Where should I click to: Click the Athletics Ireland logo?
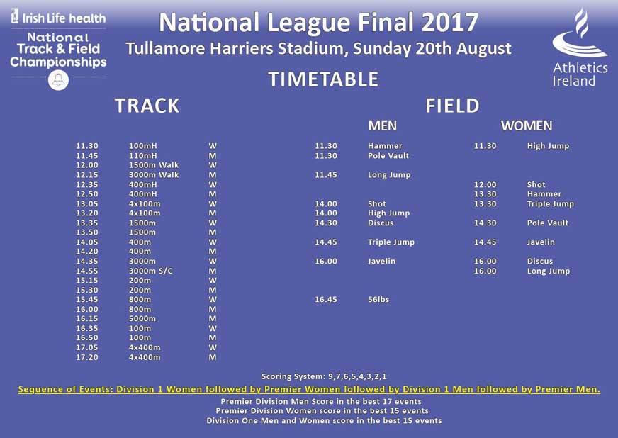click(580, 47)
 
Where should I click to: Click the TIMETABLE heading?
click(322, 79)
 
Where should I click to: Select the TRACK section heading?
click(147, 106)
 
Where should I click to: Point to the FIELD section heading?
click(452, 106)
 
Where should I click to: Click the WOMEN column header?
click(526, 126)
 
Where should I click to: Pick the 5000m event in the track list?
click(142, 319)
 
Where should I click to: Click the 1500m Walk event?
click(154, 165)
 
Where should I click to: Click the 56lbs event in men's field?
click(378, 300)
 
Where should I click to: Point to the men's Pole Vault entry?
click(388, 156)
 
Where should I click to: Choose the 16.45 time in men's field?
click(326, 300)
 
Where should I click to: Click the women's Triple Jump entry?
click(550, 204)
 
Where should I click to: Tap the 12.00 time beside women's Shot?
click(485, 185)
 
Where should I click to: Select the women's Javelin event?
click(541, 242)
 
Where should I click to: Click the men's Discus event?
click(381, 223)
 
